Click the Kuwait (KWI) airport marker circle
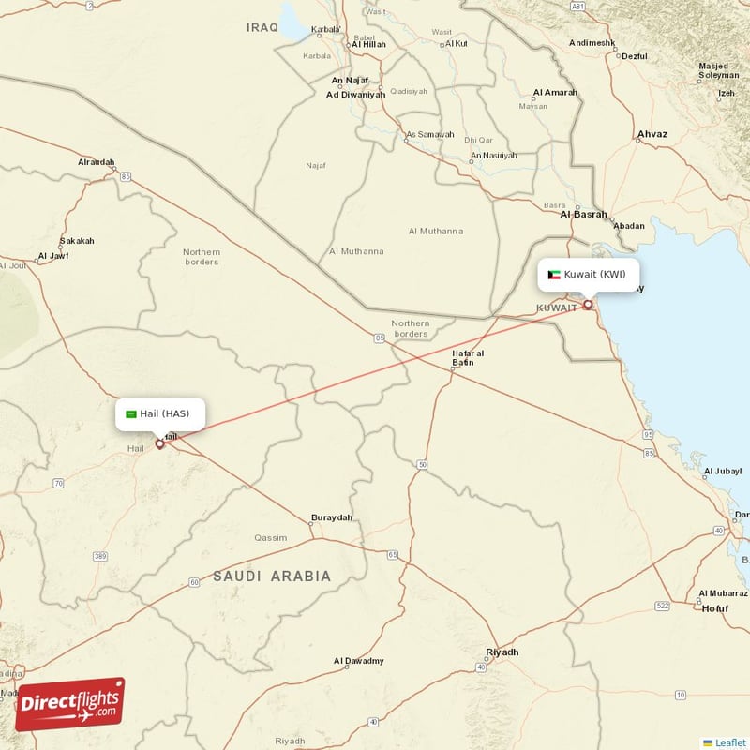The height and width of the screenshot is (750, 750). pyautogui.click(x=588, y=304)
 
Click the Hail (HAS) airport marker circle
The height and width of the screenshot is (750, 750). pyautogui.click(x=159, y=443)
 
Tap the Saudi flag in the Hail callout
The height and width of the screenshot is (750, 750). pyautogui.click(x=131, y=413)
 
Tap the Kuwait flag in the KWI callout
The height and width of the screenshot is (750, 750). pyautogui.click(x=554, y=275)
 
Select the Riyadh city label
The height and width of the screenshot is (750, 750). pyautogui.click(x=502, y=652)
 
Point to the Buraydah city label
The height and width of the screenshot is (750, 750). pyautogui.click(x=332, y=517)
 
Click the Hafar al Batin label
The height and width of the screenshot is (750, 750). pyautogui.click(x=468, y=357)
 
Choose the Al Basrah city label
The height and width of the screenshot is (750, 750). pyautogui.click(x=583, y=214)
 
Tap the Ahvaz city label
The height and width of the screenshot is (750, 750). pyautogui.click(x=652, y=134)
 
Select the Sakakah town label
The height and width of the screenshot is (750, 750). pyautogui.click(x=77, y=241)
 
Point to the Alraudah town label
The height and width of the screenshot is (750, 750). pyautogui.click(x=96, y=162)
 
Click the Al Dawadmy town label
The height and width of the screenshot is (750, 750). pyautogui.click(x=359, y=661)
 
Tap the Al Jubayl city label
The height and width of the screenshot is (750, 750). pyautogui.click(x=722, y=471)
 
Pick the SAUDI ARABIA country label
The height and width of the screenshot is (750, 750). pyautogui.click(x=272, y=576)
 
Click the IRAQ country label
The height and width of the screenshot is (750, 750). pyautogui.click(x=262, y=27)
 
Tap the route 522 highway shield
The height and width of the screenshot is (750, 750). pyautogui.click(x=663, y=607)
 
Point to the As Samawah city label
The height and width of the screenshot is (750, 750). pyautogui.click(x=429, y=134)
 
